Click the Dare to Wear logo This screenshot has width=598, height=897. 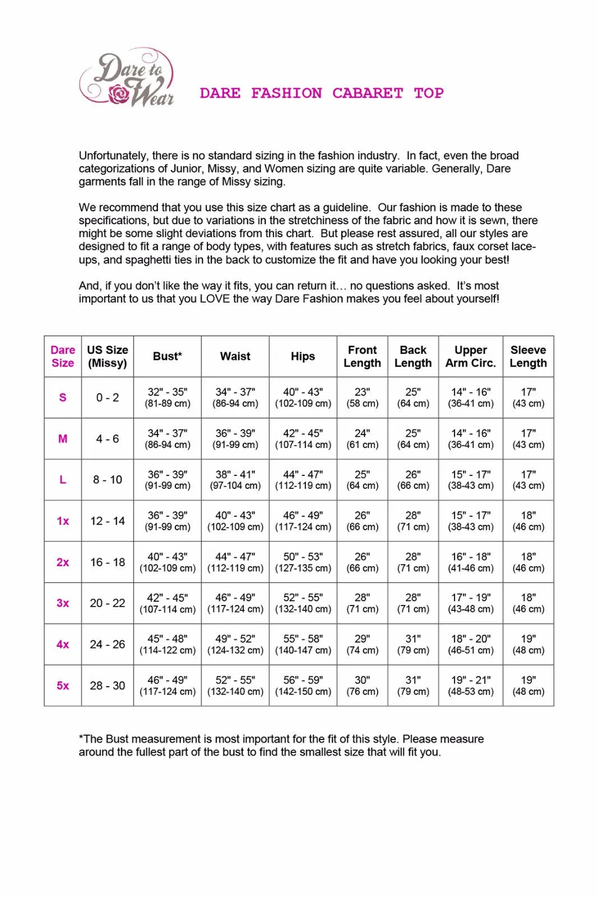pyautogui.click(x=128, y=78)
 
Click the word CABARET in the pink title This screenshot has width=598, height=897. pyautogui.click(x=367, y=93)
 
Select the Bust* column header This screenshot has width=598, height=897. pyautogui.click(x=167, y=357)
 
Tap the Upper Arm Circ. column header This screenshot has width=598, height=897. pyautogui.click(x=470, y=357)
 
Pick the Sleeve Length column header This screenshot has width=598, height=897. pyautogui.click(x=528, y=357)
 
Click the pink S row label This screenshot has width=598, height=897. pyautogui.click(x=63, y=397)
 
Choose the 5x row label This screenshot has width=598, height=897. pyautogui.click(x=63, y=686)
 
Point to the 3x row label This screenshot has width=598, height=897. pyautogui.click(x=63, y=603)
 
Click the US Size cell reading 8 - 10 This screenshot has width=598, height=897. pyautogui.click(x=108, y=480)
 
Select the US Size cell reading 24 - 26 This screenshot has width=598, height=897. pyautogui.click(x=108, y=645)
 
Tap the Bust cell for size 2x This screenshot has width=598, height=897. pyautogui.click(x=168, y=562)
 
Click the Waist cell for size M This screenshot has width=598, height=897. pyautogui.click(x=235, y=439)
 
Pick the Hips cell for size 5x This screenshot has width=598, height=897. pyautogui.click(x=303, y=686)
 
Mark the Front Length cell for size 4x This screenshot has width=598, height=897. pyautogui.click(x=362, y=645)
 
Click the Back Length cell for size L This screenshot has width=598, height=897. pyautogui.click(x=413, y=480)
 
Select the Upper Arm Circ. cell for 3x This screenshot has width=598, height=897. pyautogui.click(x=471, y=603)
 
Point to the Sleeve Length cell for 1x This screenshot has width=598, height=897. pyautogui.click(x=528, y=521)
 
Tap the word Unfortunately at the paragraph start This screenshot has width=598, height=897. pyautogui.click(x=113, y=156)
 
